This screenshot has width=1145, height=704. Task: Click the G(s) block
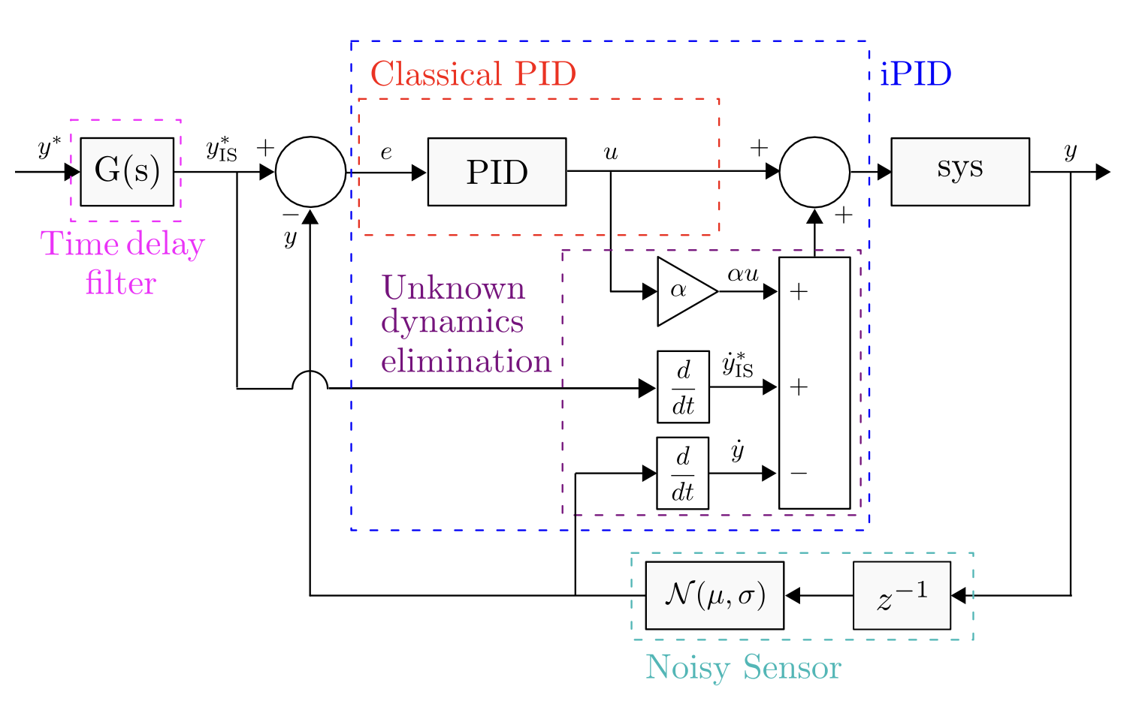(127, 172)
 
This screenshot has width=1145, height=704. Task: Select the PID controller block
(497, 172)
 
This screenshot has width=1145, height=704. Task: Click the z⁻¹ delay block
(902, 596)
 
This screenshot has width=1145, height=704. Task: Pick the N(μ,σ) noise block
(714, 596)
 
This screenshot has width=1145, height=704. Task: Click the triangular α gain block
(682, 291)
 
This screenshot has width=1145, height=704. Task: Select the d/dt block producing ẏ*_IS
(683, 387)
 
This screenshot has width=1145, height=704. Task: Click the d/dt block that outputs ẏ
(682, 474)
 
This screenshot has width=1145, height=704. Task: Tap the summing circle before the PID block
(310, 172)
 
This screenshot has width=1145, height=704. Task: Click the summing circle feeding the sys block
(814, 172)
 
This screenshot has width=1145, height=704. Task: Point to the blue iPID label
(915, 74)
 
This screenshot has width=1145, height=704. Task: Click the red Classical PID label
(473, 74)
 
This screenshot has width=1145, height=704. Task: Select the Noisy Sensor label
(743, 667)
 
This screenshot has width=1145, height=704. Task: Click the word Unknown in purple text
(453, 288)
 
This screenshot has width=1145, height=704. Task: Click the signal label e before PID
(386, 153)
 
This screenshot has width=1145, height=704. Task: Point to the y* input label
(49, 149)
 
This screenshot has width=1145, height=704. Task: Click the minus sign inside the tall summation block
(799, 474)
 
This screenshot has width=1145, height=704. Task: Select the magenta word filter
(121, 284)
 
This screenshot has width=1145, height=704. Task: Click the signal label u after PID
(611, 153)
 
